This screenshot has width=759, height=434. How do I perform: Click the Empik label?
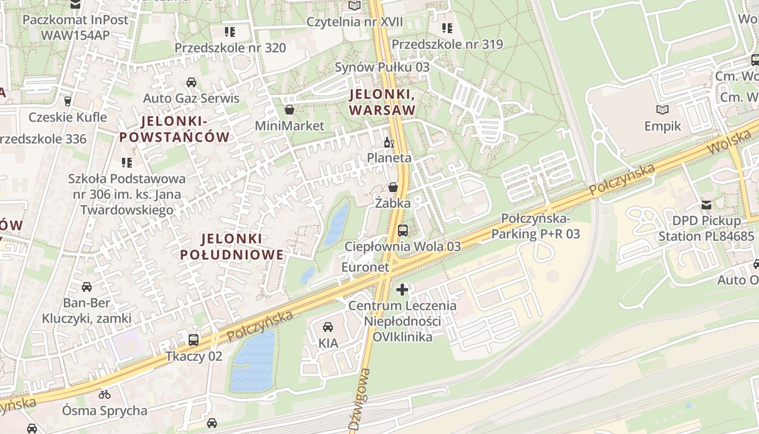pos(662,126)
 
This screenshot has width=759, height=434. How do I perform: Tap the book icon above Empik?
pos(662,110)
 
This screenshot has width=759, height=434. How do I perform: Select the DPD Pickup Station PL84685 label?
pos(706,228)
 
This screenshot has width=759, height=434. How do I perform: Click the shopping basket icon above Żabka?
pos(393,187)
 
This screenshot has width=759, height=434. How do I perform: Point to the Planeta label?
pos(389,158)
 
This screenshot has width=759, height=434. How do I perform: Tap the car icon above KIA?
pos(328,327)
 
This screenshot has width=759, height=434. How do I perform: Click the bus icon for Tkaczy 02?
pos(194,340)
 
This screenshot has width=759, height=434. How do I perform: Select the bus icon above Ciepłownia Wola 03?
pos(403,231)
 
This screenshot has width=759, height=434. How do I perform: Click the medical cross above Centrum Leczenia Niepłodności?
pos(402,290)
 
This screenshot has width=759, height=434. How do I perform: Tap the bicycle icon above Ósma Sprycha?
pos(105,394)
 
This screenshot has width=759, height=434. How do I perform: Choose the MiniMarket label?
pos(290,126)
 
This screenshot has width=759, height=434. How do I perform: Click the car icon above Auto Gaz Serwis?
pos(191,82)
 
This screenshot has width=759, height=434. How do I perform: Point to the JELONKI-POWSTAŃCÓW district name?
pos(175,129)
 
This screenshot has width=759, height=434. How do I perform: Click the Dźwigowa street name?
pos(359,399)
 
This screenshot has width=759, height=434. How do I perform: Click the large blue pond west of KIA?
pos(253,361)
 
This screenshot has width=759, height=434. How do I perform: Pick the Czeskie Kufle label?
pos(68,117)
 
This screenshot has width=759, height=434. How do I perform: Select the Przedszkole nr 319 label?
pos(447,44)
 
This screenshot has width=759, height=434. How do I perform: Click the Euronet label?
pos(365,267)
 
